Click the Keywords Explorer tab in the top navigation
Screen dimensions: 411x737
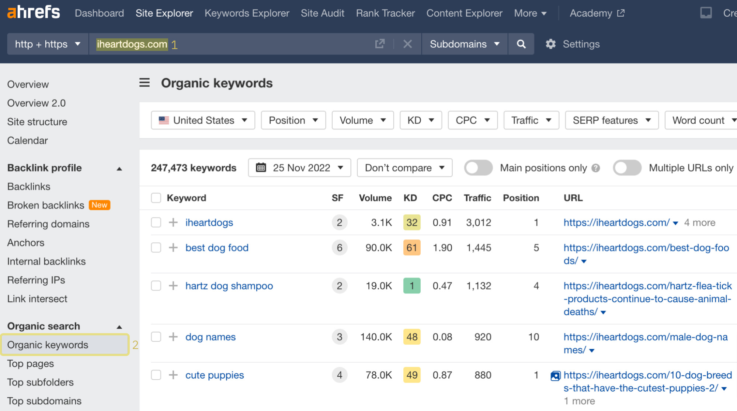pos(247,13)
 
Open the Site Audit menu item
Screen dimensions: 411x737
pos(322,13)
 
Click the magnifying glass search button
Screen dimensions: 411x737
pos(521,44)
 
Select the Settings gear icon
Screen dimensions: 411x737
pos(550,44)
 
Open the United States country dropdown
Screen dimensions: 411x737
pos(203,120)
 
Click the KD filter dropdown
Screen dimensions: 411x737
pos(421,120)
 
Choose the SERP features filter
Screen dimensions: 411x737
pos(611,120)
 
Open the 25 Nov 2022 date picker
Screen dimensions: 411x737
pos(299,168)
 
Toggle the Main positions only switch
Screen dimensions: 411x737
pos(478,168)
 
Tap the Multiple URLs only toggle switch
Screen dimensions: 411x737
pos(627,168)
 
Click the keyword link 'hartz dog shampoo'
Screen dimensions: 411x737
pos(229,286)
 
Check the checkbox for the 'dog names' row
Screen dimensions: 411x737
pos(156,337)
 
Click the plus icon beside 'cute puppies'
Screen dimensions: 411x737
pos(173,375)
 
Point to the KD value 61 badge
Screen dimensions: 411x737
pos(412,248)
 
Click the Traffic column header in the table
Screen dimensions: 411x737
pos(477,198)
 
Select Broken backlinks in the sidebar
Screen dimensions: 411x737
pos(46,205)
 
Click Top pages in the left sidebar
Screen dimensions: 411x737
pos(31,364)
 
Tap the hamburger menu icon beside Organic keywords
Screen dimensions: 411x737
pos(145,83)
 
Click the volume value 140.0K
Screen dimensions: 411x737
pos(376,337)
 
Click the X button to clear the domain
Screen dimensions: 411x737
pos(407,44)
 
